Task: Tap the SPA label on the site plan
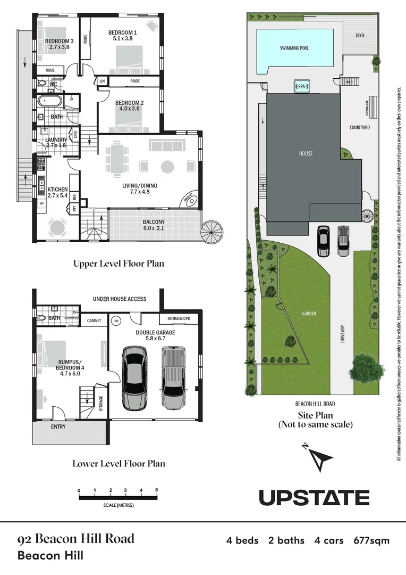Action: pyautogui.click(x=302, y=86)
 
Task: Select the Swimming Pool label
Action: pyautogui.click(x=294, y=48)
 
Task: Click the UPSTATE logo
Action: pyautogui.click(x=314, y=497)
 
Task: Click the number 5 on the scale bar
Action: pyautogui.click(x=156, y=490)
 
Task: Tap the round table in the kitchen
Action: pyautogui.click(x=57, y=227)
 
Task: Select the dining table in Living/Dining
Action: pyautogui.click(x=116, y=157)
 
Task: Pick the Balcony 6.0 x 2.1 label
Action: pyautogui.click(x=154, y=225)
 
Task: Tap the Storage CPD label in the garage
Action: pyautogui.click(x=179, y=319)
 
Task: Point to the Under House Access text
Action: pyautogui.click(x=120, y=299)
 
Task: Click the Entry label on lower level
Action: pyautogui.click(x=58, y=427)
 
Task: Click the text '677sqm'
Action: pyautogui.click(x=371, y=540)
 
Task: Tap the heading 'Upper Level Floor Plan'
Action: pyautogui.click(x=119, y=263)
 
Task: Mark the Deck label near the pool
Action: pyautogui.click(x=363, y=36)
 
